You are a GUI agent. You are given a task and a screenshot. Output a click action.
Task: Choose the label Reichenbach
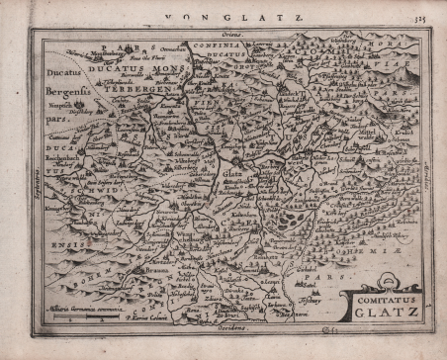point(68,158)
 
